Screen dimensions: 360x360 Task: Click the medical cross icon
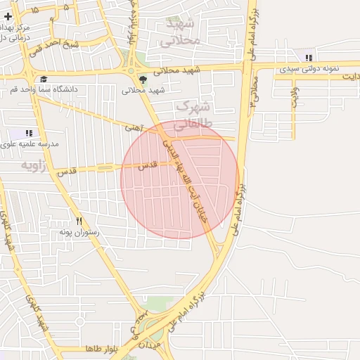pyautogui.click(x=8, y=15)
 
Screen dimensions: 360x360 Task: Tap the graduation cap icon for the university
pyautogui.click(x=44, y=79)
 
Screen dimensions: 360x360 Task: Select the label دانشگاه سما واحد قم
pyautogui.click(x=82, y=89)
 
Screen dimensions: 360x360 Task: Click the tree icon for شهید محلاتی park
pyautogui.click(x=144, y=79)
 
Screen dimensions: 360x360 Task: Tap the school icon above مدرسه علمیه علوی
pyautogui.click(x=29, y=132)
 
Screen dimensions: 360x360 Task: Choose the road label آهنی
pyautogui.click(x=134, y=129)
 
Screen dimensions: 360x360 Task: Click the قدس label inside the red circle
pyautogui.click(x=146, y=166)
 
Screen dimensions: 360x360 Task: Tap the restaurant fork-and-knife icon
pyautogui.click(x=79, y=221)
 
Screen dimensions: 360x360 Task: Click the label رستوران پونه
pyautogui.click(x=79, y=232)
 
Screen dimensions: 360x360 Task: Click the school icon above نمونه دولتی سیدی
pyautogui.click(x=309, y=58)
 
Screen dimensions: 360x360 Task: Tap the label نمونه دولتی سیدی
pyautogui.click(x=309, y=69)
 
